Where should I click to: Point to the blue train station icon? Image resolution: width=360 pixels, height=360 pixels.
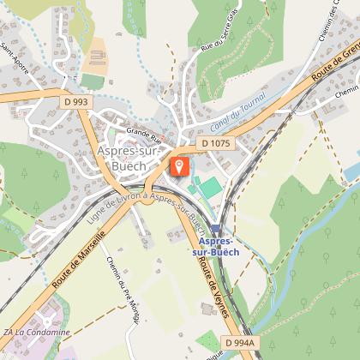[x=216, y=229]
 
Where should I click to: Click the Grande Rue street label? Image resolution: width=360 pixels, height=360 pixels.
[x=144, y=134]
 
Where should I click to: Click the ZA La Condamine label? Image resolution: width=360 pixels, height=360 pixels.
[x=36, y=333]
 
